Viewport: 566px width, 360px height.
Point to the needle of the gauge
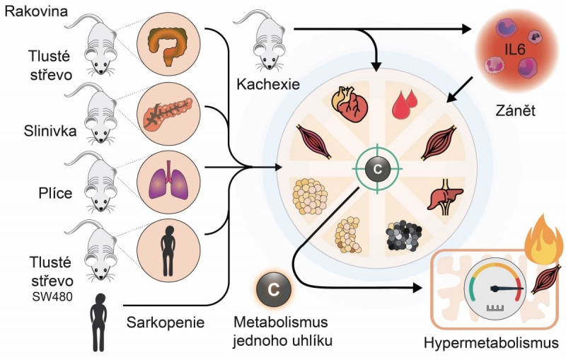509,288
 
